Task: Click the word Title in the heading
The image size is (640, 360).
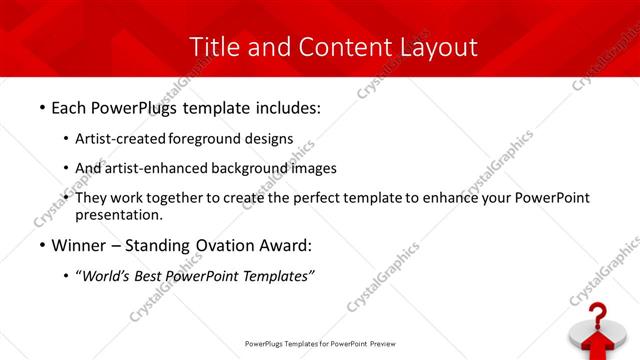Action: (x=214, y=46)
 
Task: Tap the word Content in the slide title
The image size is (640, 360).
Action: (x=342, y=46)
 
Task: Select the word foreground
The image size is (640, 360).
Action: (x=207, y=138)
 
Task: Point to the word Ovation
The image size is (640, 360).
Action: (x=216, y=245)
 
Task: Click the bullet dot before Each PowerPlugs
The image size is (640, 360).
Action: (x=41, y=106)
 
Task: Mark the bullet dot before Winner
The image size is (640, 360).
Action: (x=41, y=245)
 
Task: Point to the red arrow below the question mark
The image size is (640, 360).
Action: (x=597, y=346)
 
